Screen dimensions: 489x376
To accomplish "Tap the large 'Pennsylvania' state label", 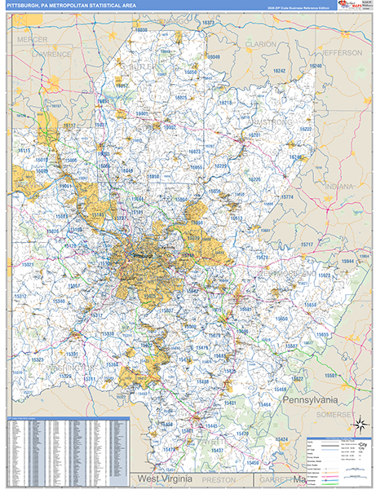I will [x=311, y=401].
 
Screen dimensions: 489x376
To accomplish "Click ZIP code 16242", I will [x=280, y=72].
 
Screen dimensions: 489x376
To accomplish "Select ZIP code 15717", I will [x=307, y=244].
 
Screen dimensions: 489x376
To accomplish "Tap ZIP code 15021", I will [x=28, y=265].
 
